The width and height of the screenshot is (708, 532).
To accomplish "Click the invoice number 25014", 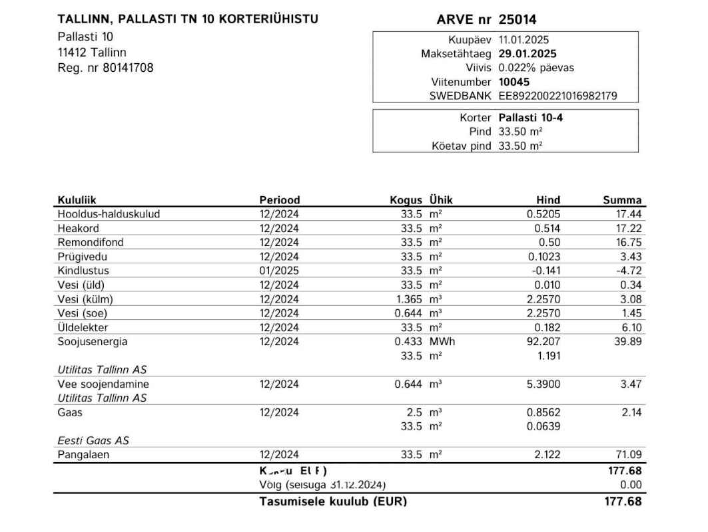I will coord(518,20).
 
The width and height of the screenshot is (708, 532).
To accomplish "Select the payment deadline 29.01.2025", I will coord(528,54).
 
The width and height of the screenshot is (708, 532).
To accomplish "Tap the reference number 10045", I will coord(514,82).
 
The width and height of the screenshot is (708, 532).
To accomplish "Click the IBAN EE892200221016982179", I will coord(557,96).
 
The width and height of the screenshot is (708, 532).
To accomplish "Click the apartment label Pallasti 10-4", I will coord(530,118).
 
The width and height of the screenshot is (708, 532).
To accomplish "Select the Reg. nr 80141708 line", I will coord(105,67).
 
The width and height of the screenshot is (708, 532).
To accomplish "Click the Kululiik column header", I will coord(77,199).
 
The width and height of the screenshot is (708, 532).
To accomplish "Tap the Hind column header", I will coord(548,199).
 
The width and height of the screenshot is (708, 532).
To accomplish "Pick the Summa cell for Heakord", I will coord(629,228).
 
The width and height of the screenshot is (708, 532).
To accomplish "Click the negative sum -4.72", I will coord(629,271).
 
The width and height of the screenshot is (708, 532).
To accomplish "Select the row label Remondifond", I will coord(91,242).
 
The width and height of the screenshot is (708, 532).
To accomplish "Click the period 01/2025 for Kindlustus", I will coord(279,271).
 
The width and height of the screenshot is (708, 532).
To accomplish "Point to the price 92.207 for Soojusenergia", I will coord(544,342).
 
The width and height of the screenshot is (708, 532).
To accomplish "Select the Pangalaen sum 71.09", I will coord(629,455).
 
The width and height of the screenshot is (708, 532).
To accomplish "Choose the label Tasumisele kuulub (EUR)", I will coord(332,501).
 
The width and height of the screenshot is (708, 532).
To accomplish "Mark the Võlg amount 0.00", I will coord(631,485).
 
